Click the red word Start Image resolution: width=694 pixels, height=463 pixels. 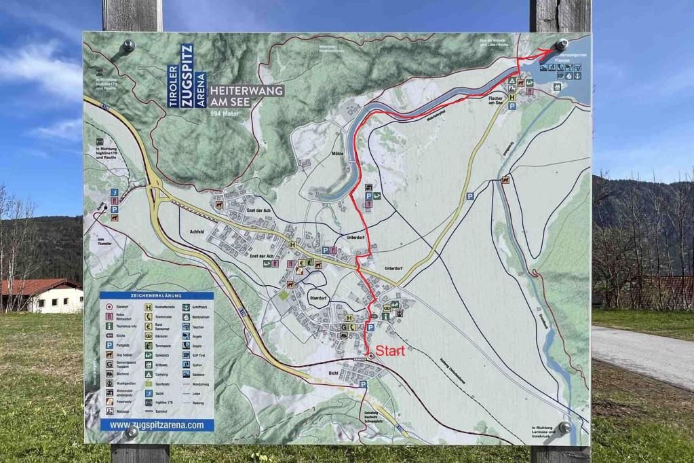[x=390, y=352]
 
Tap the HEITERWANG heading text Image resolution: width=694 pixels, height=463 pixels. [x=247, y=90]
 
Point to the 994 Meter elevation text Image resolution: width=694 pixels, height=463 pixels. [x=226, y=113]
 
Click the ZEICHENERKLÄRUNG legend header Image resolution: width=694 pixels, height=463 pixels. [x=157, y=296]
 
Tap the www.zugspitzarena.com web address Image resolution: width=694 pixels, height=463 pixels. [x=157, y=425]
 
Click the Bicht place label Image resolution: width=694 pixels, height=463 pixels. [x=333, y=373]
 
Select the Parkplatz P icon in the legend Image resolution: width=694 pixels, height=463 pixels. [x=109, y=345]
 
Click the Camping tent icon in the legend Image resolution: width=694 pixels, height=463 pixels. [x=148, y=373]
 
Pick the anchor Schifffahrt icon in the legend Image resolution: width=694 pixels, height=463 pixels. [x=185, y=307]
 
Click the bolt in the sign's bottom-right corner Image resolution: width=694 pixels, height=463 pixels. [x=564, y=427]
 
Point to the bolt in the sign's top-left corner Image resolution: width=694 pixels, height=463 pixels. [x=128, y=46]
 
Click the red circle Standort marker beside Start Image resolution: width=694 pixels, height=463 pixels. [x=369, y=355]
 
